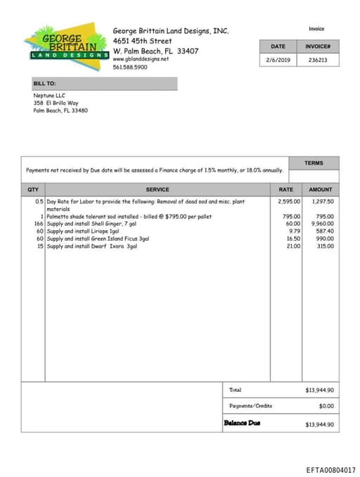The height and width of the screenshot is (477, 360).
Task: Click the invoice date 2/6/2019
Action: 278,60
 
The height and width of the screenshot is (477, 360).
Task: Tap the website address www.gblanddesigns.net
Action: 141,59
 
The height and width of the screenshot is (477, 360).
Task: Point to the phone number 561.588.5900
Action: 130,67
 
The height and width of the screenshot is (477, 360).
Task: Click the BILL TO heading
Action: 44,84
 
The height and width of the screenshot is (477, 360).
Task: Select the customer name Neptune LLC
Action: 49,95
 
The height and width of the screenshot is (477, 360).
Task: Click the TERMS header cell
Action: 314,163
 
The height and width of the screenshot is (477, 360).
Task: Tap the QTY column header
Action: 33,189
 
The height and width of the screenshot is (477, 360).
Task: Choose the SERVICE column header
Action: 157,189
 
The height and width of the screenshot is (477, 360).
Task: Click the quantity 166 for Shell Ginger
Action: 39,224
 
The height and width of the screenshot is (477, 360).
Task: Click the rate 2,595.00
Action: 289,202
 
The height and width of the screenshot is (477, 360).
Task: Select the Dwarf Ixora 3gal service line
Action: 91,246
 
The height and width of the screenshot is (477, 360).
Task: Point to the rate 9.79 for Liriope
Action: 295,231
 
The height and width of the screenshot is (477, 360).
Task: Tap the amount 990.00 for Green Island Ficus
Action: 324,238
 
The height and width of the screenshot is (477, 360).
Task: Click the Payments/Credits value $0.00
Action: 326,406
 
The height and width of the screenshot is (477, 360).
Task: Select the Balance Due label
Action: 241,423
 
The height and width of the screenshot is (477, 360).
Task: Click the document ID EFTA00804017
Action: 330,469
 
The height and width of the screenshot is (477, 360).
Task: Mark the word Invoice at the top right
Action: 316,29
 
